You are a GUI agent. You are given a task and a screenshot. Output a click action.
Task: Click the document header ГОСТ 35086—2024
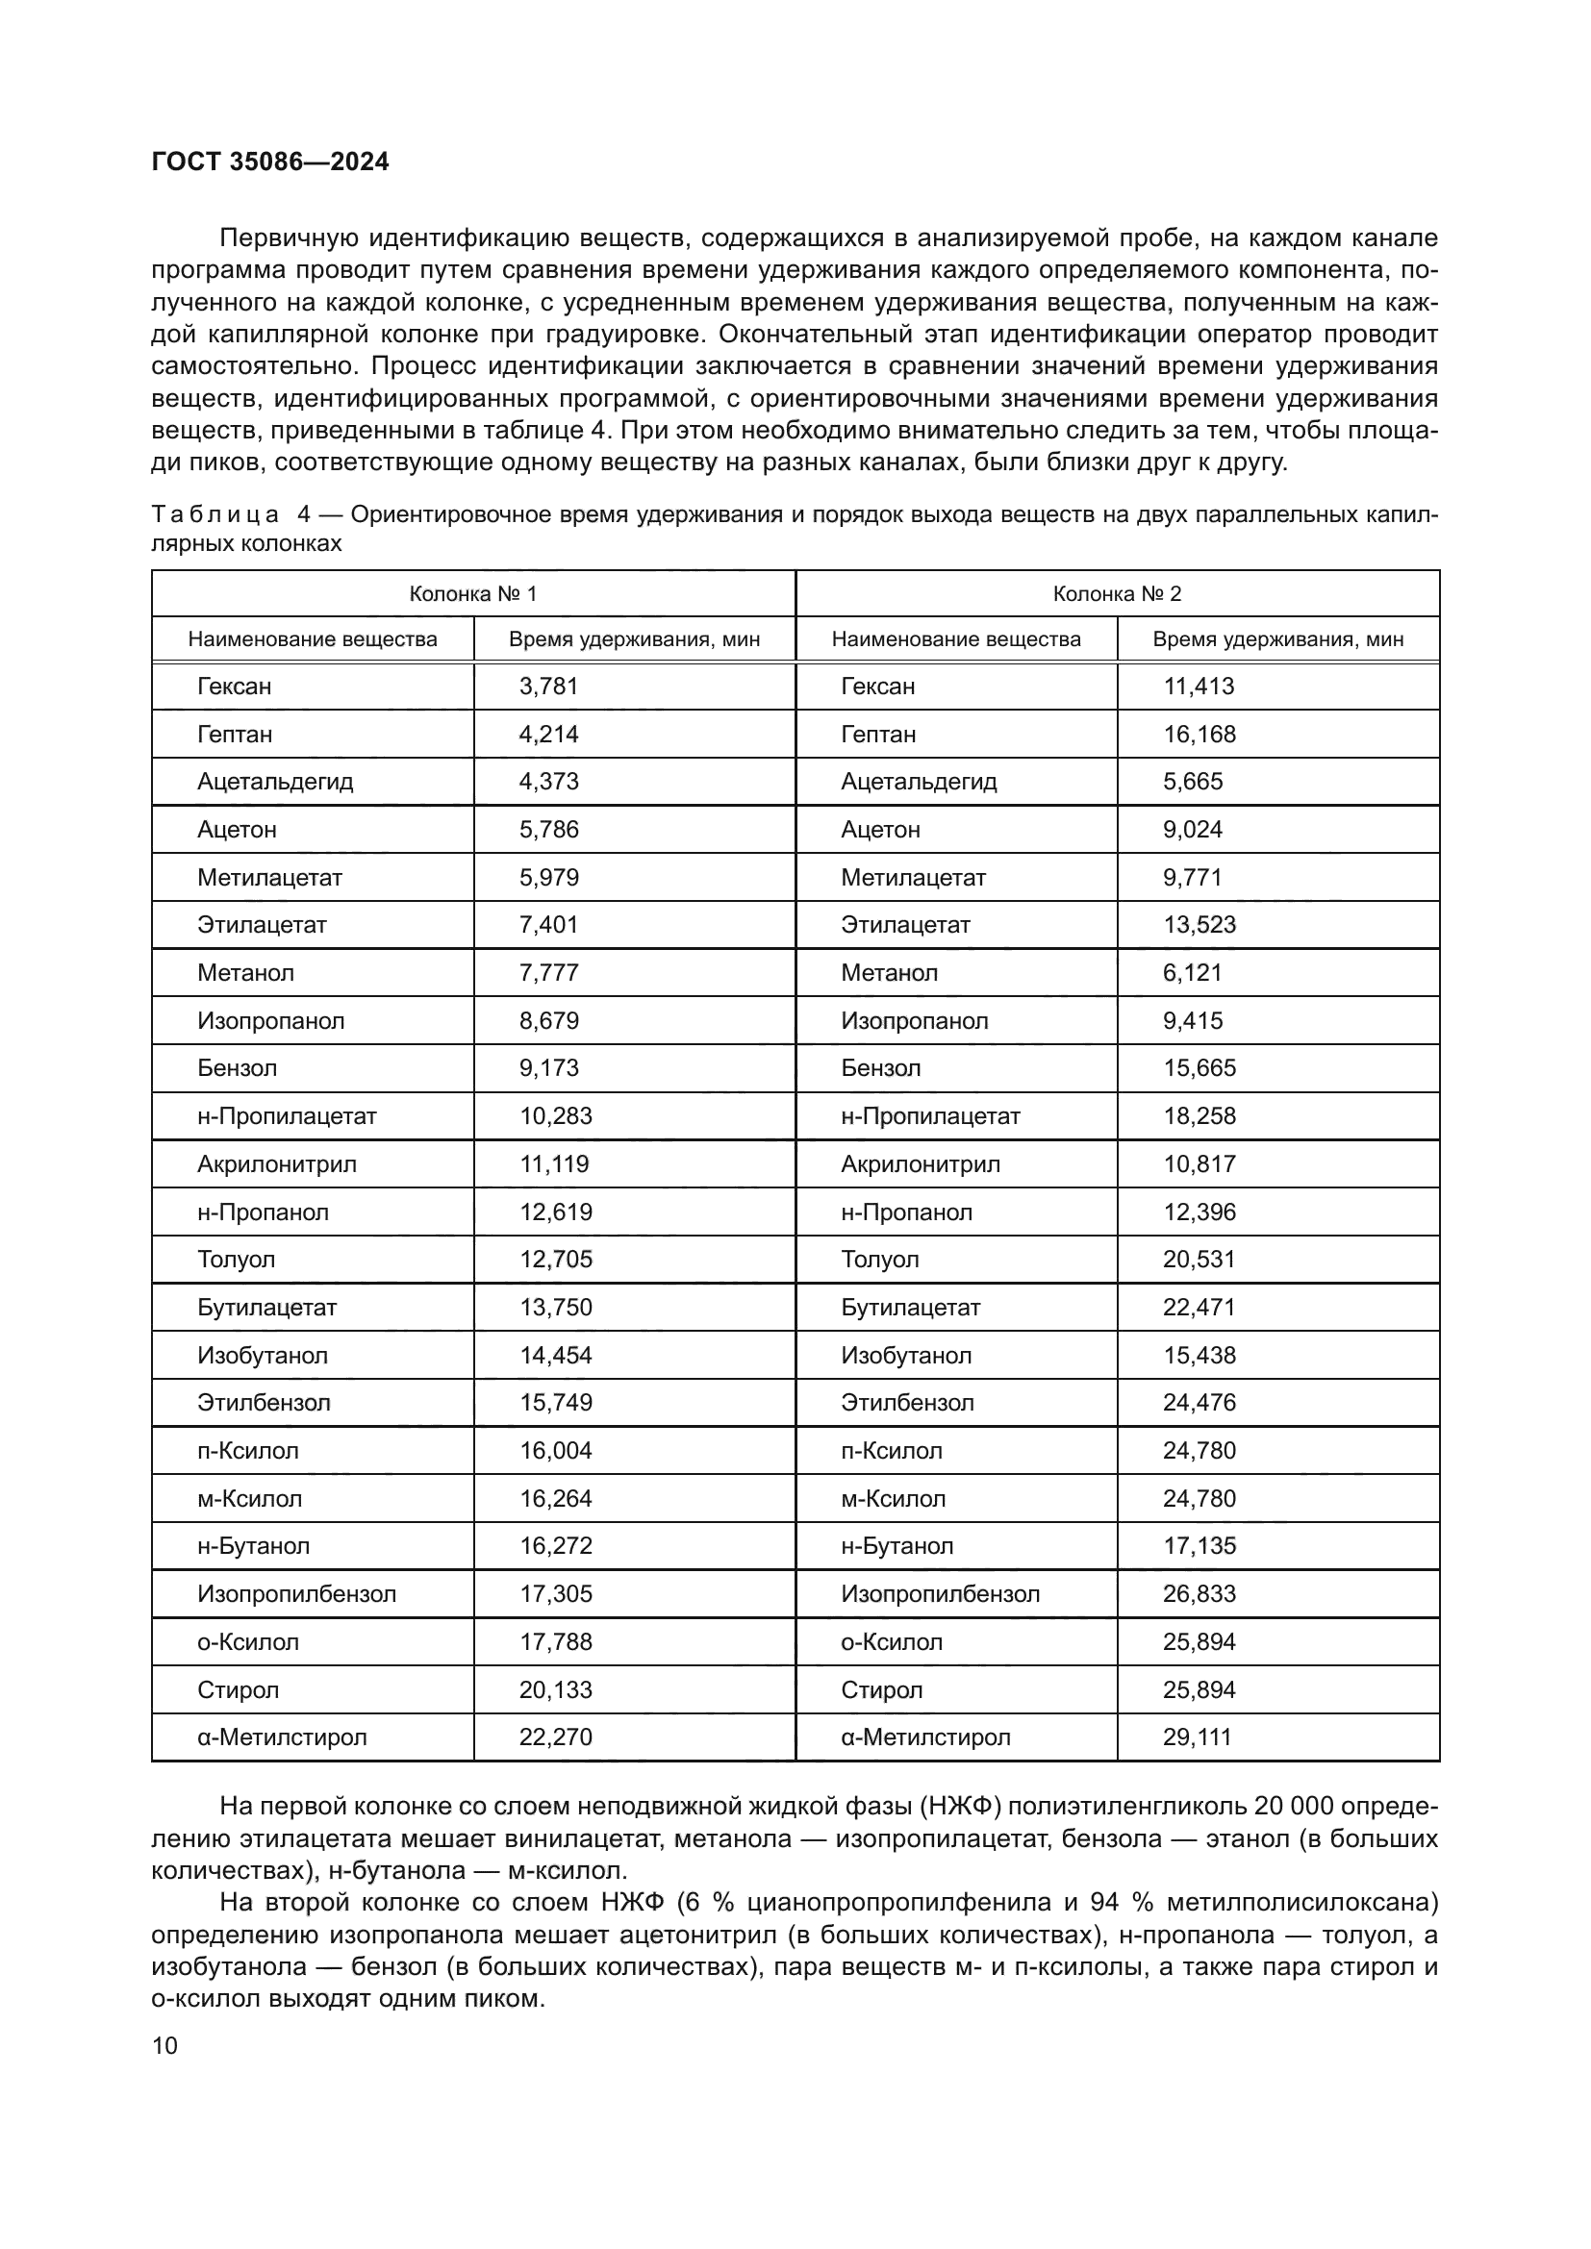(270, 162)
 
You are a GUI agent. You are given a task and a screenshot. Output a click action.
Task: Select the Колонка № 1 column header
(472, 593)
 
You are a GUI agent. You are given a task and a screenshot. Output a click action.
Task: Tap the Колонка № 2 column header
(1117, 593)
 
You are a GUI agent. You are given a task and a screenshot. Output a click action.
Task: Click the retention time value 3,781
(548, 687)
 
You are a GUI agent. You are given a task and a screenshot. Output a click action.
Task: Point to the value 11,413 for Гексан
(1199, 687)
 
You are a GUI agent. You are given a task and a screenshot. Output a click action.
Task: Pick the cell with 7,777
(548, 974)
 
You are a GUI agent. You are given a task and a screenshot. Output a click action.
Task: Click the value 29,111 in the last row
(1198, 1737)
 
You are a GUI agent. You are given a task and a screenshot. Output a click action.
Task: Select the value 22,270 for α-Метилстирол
(555, 1737)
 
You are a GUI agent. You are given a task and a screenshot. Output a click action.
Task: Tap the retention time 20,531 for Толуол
(1200, 1260)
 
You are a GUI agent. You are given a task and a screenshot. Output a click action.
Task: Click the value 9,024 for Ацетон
(1192, 830)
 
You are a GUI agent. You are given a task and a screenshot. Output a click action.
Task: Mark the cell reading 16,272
(555, 1547)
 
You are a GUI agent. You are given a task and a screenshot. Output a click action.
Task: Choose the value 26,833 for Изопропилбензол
(1200, 1593)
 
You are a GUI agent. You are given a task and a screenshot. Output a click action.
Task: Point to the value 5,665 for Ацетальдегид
(1192, 782)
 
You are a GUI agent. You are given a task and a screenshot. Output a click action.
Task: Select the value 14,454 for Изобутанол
(555, 1356)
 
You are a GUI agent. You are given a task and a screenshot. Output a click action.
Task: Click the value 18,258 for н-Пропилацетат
(1200, 1116)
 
